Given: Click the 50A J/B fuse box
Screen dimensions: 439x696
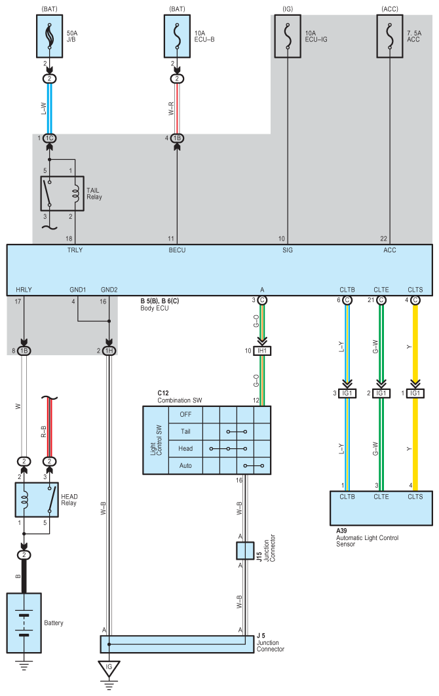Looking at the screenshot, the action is point(49,37).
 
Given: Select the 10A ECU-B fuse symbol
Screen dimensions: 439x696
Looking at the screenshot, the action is point(177,37).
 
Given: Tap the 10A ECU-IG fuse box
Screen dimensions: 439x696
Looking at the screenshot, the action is point(288,37).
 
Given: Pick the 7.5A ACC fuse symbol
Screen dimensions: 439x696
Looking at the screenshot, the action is point(390,37).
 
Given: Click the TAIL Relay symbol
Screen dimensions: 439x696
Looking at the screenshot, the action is point(62,193).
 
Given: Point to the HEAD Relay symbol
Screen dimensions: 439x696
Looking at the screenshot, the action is point(37,500).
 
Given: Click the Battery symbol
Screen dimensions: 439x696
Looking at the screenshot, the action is point(24,623).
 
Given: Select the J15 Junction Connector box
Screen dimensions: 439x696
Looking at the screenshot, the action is point(245,551).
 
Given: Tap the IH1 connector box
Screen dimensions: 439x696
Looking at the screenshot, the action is point(262,351).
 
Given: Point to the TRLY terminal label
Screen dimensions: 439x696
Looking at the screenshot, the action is point(75,250).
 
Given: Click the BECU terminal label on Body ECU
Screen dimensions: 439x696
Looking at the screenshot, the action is point(177,250).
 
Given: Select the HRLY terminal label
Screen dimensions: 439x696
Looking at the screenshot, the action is point(24,290).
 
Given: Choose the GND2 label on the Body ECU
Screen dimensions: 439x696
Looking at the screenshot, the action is point(109,290).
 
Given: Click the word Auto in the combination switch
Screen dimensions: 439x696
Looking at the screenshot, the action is point(185,465).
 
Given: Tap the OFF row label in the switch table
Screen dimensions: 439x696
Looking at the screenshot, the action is point(185,415).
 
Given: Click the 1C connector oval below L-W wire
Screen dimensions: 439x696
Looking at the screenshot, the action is point(49,138).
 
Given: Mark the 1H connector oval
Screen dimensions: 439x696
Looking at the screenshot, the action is point(109,351).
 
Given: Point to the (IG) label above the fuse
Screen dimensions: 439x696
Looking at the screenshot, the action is point(288,9).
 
